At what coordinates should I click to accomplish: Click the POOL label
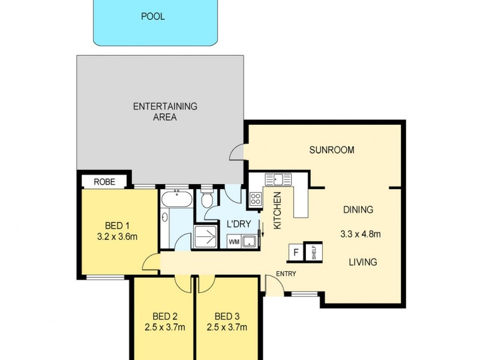(153, 16)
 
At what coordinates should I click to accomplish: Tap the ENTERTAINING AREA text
(165, 112)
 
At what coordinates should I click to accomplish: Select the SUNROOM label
(332, 150)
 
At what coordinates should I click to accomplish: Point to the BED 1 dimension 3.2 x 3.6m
(118, 236)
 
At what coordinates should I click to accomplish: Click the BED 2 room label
(164, 316)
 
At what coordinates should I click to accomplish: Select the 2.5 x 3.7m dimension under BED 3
(227, 328)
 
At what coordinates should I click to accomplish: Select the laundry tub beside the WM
(250, 242)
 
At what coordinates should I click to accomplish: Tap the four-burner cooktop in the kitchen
(255, 199)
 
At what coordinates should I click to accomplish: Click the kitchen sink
(278, 179)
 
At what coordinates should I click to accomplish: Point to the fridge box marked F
(295, 253)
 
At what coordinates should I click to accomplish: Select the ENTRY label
(286, 274)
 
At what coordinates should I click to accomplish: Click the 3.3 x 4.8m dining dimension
(360, 234)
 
